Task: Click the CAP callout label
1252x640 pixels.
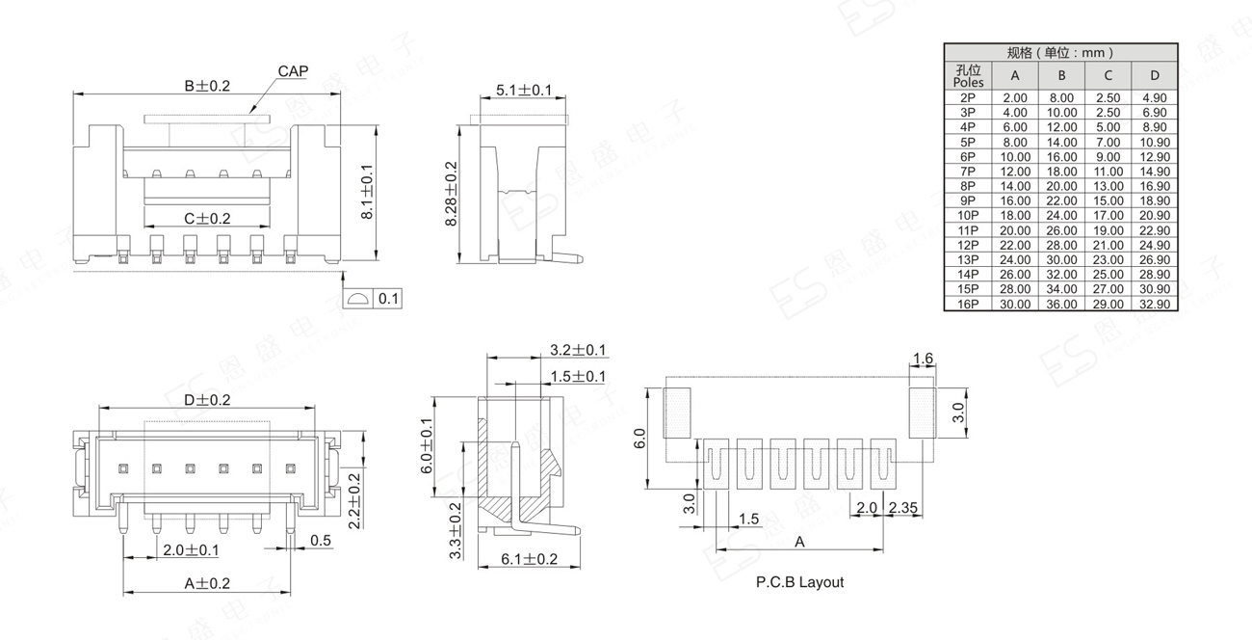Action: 293,71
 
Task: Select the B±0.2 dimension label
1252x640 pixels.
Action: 207,86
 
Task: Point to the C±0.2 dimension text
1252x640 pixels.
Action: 207,219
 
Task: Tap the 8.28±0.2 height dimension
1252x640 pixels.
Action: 451,194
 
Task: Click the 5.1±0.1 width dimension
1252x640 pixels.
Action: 524,90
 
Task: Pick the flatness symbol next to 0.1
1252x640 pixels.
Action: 358,299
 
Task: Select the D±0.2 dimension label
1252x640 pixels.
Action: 207,400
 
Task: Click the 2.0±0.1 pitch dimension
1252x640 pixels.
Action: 191,550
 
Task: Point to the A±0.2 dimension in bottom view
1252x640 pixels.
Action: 207,584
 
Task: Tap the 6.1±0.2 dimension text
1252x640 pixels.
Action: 530,559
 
